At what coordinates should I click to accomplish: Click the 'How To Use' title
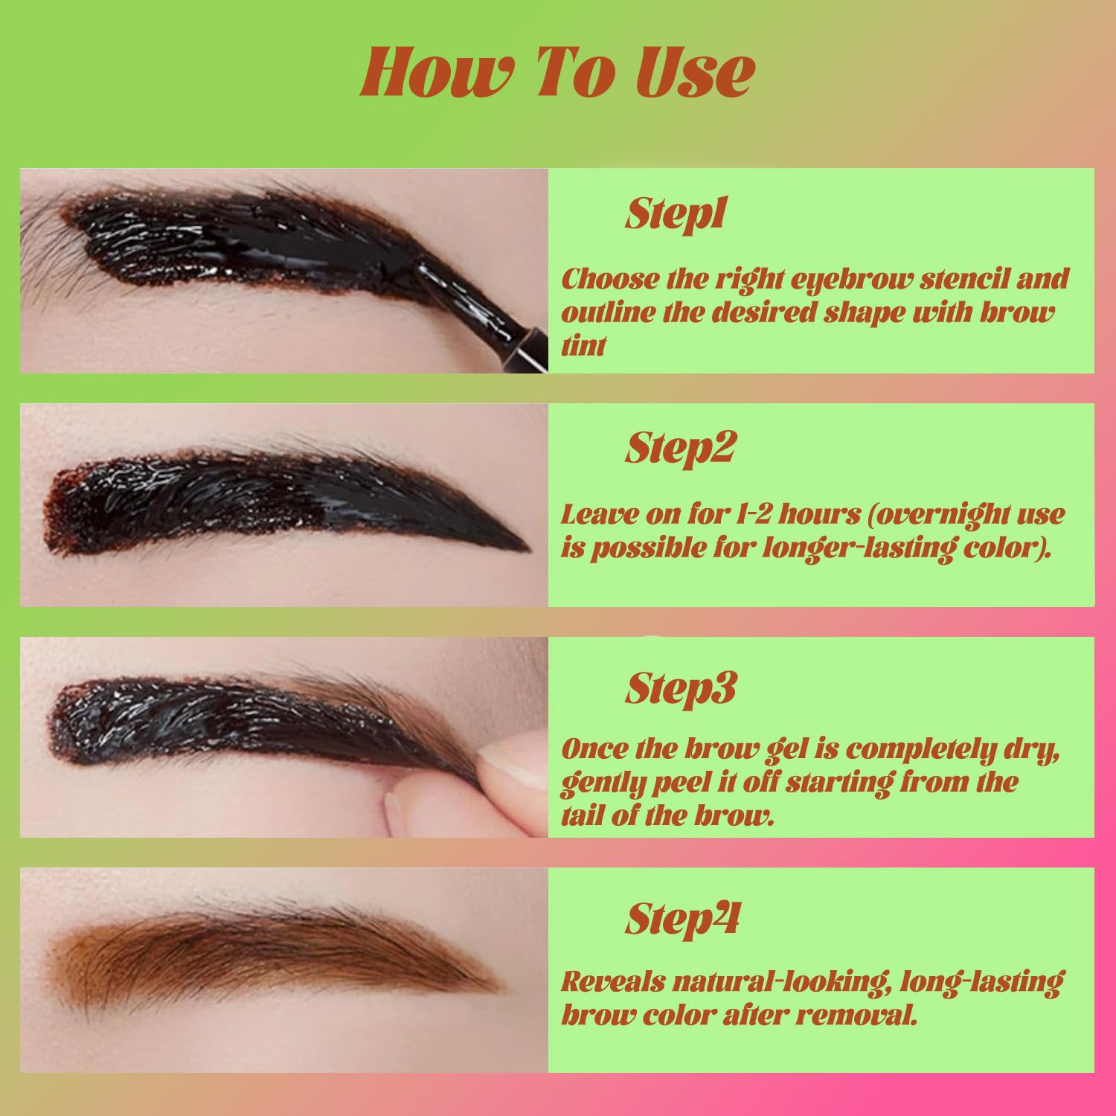pyautogui.click(x=558, y=72)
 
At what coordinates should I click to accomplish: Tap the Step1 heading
pyautogui.click(x=676, y=214)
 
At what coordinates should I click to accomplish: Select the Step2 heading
pyautogui.click(x=680, y=448)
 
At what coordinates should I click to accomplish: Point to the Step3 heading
pyautogui.click(x=680, y=688)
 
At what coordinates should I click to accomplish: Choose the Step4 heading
pyautogui.click(x=682, y=919)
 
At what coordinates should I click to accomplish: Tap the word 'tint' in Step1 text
pyautogui.click(x=584, y=345)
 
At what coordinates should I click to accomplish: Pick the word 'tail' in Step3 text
pyautogui.click(x=582, y=815)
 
